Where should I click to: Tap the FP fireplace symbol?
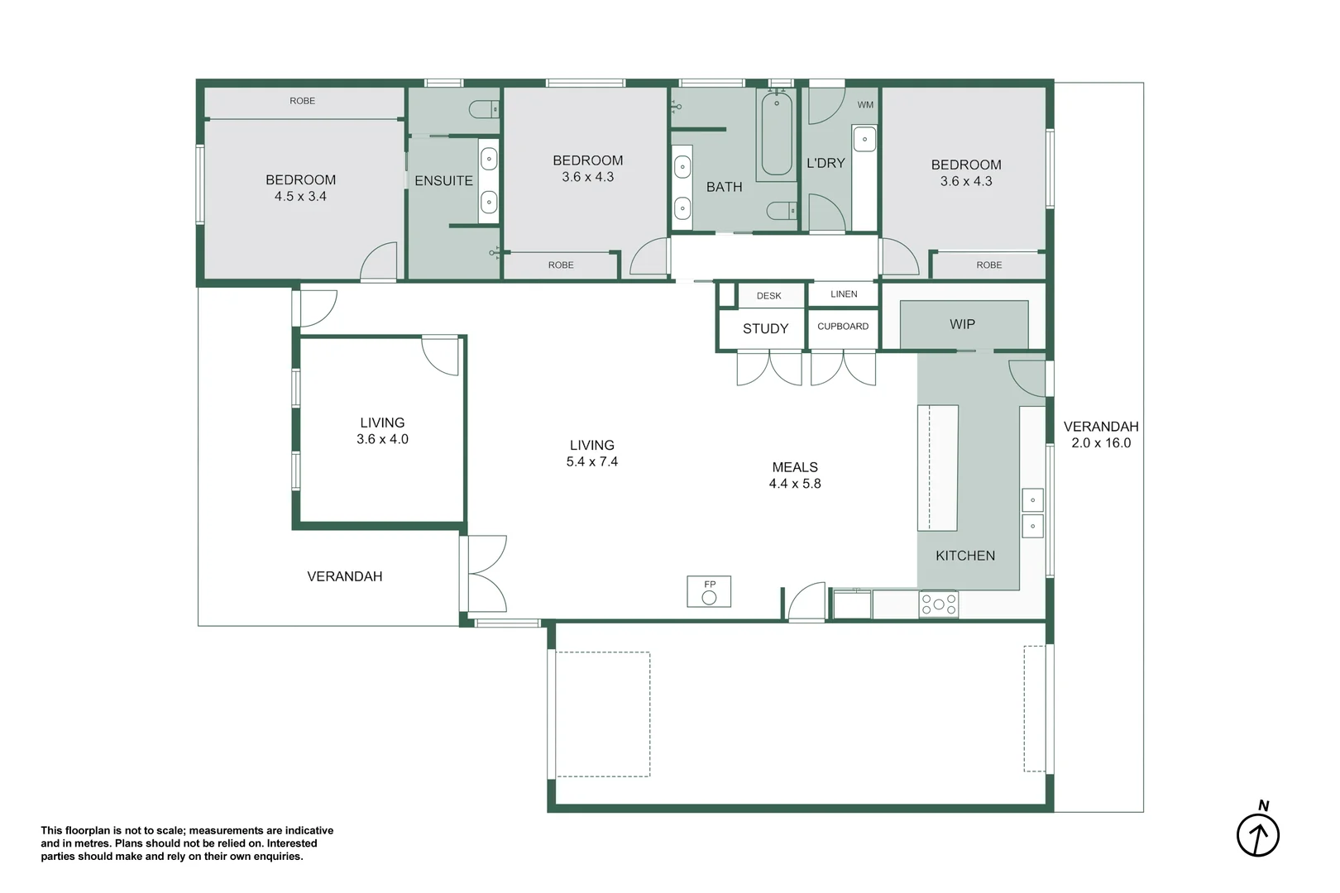[709, 591]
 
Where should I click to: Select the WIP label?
[962, 324]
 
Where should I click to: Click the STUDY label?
[765, 328]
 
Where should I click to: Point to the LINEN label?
[844, 294]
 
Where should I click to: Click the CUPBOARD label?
[843, 326]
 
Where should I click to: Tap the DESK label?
[768, 295]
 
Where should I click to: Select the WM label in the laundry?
[865, 105]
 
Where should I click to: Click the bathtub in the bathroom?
[777, 135]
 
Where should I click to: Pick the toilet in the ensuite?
[484, 109]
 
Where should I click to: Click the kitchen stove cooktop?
[939, 604]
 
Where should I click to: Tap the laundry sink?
[864, 139]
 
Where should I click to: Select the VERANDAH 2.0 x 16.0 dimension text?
[1101, 435]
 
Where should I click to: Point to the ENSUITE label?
[443, 180]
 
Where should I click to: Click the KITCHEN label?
[965, 556]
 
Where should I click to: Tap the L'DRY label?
[826, 163]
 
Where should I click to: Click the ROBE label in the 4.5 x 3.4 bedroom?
[302, 101]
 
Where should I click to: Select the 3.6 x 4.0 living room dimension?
[382, 439]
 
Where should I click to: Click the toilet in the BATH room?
[782, 211]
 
